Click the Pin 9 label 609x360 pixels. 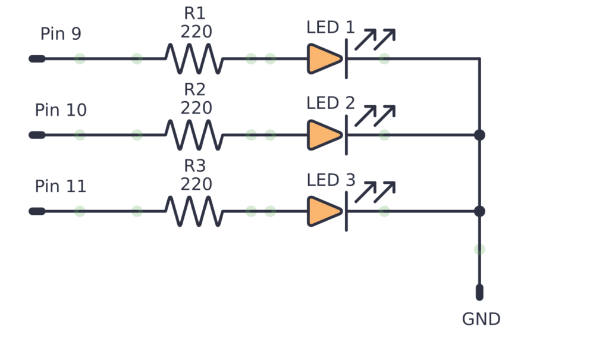coord(61,34)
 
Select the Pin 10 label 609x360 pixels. coord(61,110)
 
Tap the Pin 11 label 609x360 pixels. coord(61,186)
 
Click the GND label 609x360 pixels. coord(481,319)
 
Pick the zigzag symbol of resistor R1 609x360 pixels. coord(194,59)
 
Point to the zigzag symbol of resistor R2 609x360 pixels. coord(194,135)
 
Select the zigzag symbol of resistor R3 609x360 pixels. coord(194,211)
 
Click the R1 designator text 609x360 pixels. coord(196,14)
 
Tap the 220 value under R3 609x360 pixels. coord(196,184)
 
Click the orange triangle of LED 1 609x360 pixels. coord(324,59)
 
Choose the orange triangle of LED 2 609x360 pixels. coord(324,135)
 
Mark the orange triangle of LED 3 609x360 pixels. coord(324,211)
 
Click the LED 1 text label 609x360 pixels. coord(331,27)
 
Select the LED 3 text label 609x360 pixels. coord(331,180)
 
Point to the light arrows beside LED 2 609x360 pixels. coord(375,115)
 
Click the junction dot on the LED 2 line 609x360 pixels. coord(479,135)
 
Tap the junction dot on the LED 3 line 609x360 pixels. coord(479,211)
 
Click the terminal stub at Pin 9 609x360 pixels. coord(37,59)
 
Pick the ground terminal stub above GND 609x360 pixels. coord(479,292)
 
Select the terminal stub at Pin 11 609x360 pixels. coord(37,211)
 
